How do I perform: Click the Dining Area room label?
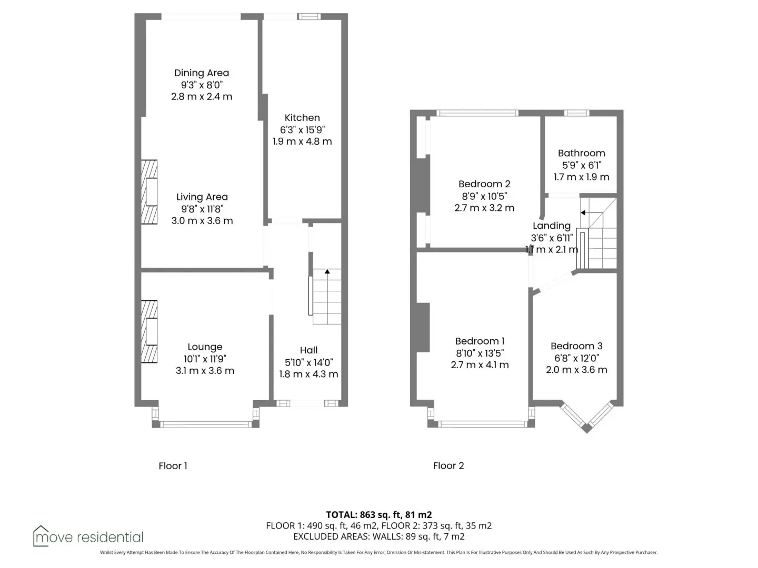[x=201, y=73]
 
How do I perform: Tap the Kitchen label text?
[x=302, y=118]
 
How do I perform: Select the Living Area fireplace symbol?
[x=149, y=192]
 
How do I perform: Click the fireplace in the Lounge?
[x=149, y=331]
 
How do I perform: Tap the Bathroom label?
[x=581, y=153]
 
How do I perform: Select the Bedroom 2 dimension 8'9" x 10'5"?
[x=484, y=196]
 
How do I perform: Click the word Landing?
[x=551, y=226]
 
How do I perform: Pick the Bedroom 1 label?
[x=480, y=341]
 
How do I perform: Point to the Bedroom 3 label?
[x=576, y=346]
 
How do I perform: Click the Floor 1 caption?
[x=173, y=466]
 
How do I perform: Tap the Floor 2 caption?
[x=448, y=465]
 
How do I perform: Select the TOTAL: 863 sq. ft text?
[x=364, y=515]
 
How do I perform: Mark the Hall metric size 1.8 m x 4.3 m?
[x=308, y=374]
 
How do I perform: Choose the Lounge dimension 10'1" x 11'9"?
[x=205, y=359]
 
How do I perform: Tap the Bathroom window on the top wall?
[x=576, y=113]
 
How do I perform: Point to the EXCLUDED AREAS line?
[x=379, y=536]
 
